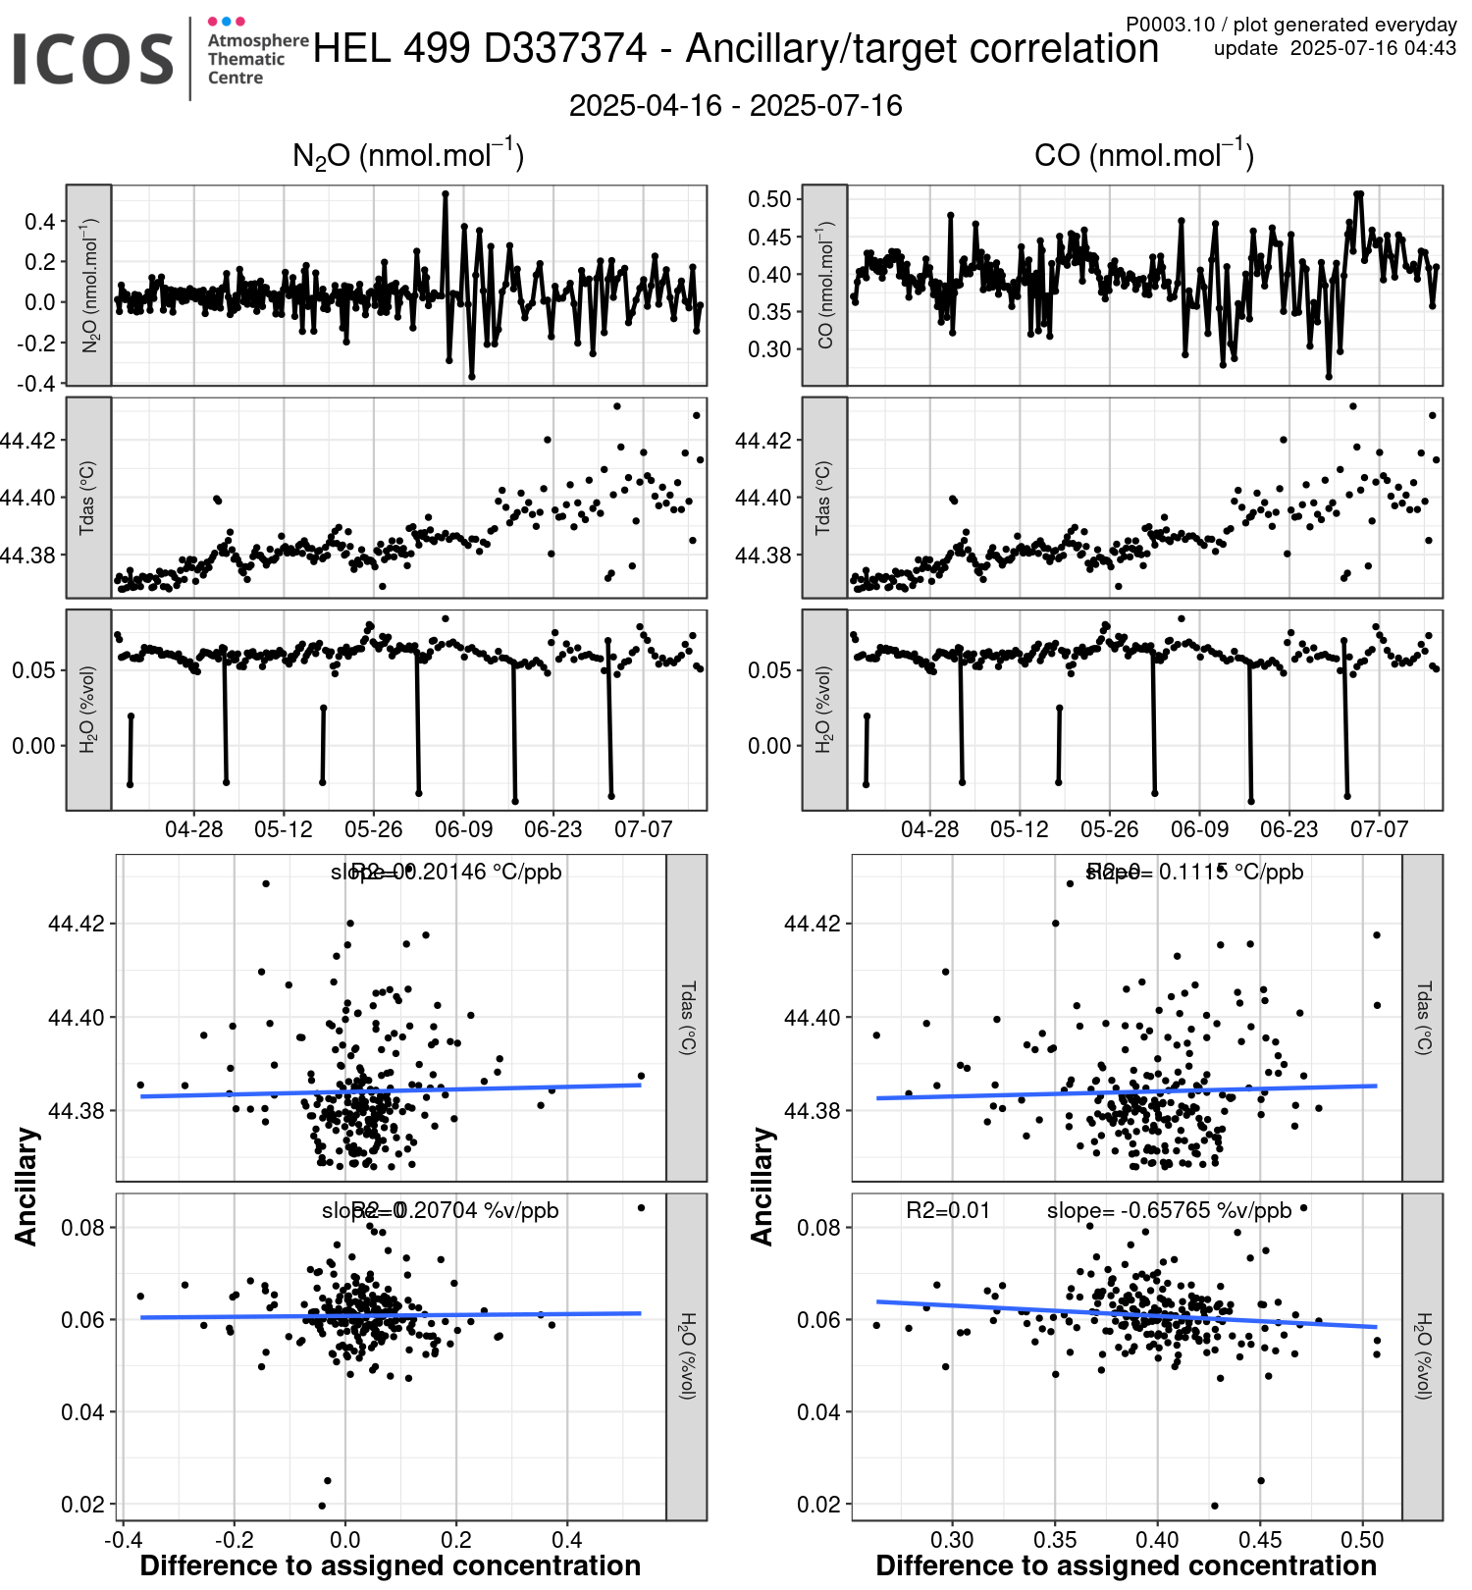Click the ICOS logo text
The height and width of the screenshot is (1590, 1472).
tap(93, 59)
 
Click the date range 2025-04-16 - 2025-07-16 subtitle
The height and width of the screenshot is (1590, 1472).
tap(735, 106)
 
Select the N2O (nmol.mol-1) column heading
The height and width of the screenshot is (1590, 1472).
tap(408, 156)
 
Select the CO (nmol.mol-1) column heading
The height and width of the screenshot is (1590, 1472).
tap(1144, 156)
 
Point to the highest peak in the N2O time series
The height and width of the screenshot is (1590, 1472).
tap(446, 194)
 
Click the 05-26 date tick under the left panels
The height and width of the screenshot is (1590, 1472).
tap(373, 829)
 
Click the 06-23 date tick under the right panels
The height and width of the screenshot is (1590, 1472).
tap(1288, 829)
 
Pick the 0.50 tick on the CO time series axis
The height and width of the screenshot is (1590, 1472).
tap(769, 199)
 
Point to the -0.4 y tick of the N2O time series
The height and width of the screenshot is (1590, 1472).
tap(36, 384)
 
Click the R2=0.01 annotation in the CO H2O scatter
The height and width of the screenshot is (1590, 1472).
tap(948, 1211)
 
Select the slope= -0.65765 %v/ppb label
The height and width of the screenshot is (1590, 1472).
tap(1169, 1211)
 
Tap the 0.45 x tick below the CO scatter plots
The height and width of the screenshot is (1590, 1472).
tap(1260, 1539)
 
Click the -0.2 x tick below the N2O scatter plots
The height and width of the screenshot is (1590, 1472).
tap(234, 1539)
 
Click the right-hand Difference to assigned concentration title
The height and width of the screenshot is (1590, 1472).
tap(1126, 1565)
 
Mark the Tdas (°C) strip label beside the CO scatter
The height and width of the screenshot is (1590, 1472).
tap(1423, 1017)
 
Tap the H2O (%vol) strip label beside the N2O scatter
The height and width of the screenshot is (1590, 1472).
tap(687, 1355)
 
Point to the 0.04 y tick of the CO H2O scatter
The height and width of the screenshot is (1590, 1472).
tap(817, 1412)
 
